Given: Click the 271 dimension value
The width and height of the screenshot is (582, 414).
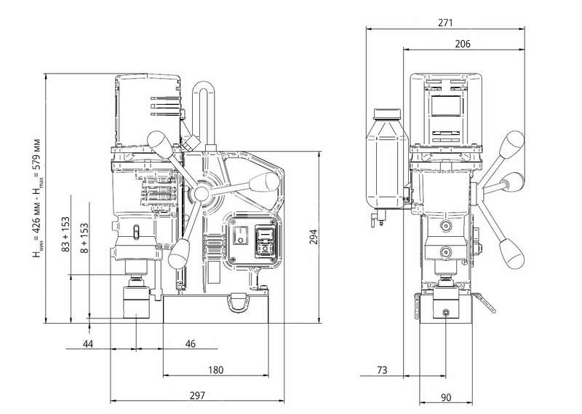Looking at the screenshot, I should coord(446,23).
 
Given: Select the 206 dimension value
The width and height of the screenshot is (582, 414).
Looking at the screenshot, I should coord(463,44).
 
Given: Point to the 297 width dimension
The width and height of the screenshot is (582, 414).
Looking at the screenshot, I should coord(196,395).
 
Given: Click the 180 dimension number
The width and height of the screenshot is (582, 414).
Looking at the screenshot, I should coord(215,370).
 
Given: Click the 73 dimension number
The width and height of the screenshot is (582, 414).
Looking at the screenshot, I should coord(381,370).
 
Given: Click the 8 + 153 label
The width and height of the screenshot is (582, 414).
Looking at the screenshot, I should coord(84,238).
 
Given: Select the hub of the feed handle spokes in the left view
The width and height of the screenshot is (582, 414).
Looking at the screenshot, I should coord(199,192).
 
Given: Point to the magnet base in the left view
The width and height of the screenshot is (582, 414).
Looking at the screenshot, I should coord(219,309).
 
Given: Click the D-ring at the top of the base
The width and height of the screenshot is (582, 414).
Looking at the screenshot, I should coord(236,300).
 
